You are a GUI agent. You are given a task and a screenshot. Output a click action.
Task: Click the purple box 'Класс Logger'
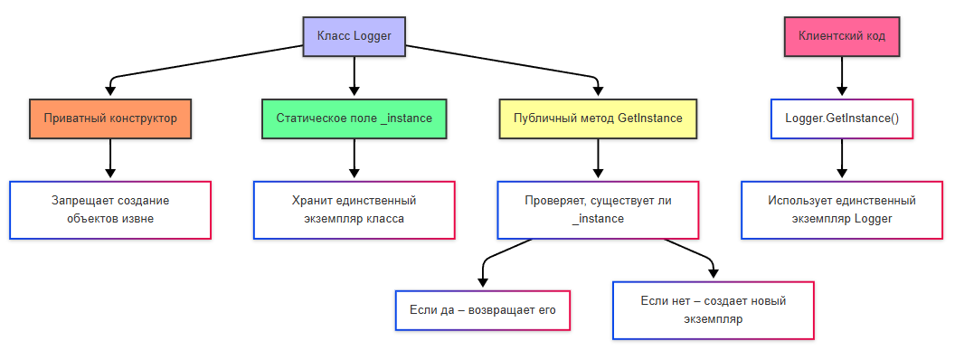tap(354, 37)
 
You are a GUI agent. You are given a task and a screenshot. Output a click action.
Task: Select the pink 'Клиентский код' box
tap(842, 37)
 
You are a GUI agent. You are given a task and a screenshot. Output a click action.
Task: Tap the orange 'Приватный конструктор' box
tap(110, 118)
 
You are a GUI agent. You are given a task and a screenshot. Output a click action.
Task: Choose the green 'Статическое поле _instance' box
tap(354, 118)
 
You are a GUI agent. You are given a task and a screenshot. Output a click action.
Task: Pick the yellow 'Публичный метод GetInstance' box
tap(598, 118)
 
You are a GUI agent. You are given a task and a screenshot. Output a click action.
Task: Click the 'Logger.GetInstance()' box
tap(842, 118)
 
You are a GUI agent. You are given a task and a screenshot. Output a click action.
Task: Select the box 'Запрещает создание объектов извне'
tap(110, 210)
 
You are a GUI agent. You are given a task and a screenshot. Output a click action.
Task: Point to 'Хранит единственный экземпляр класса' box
tap(354, 210)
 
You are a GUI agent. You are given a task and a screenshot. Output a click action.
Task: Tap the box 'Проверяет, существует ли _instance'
tap(598, 210)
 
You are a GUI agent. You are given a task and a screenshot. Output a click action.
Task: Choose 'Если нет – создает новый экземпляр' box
tap(714, 310)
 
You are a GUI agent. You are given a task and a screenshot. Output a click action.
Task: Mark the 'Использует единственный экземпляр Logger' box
tap(842, 210)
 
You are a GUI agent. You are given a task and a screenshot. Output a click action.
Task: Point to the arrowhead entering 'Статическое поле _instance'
tap(354, 91)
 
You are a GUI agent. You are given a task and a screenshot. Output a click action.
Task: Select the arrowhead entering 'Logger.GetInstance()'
tap(842, 91)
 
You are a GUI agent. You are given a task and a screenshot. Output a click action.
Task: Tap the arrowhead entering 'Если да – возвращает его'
tap(484, 282)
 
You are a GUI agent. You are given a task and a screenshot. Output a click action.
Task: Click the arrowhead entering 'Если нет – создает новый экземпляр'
tap(714, 274)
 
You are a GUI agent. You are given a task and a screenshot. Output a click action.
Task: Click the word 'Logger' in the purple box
tap(372, 37)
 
